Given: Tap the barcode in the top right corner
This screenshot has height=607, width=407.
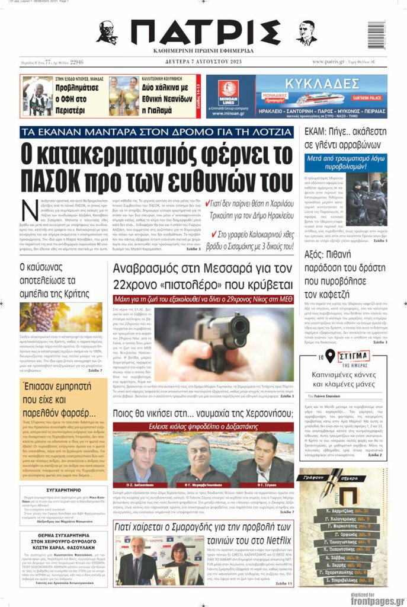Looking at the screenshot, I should (x=376, y=35).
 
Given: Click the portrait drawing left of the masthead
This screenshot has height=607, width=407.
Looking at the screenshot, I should (x=107, y=33).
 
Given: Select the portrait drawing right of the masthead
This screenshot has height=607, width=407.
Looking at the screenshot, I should (x=306, y=33).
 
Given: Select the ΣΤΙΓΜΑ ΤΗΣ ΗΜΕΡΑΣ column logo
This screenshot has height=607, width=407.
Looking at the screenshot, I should (x=353, y=357).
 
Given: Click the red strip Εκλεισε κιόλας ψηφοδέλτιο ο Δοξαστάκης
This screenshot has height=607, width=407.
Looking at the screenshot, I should (x=203, y=426).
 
